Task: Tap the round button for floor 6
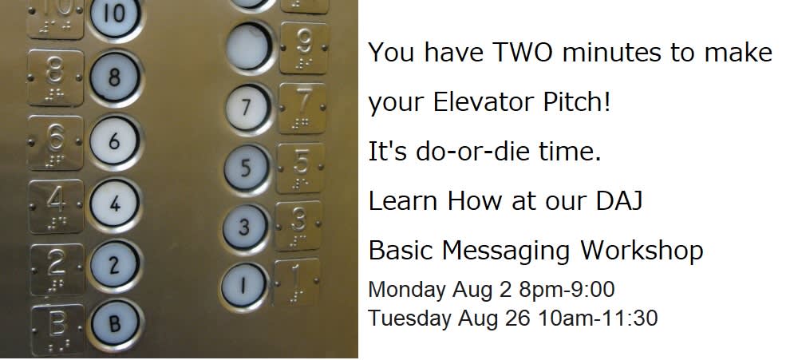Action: pos(114,141)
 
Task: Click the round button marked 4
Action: pos(114,204)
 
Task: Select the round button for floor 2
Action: pos(114,265)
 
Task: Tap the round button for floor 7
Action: pos(247,107)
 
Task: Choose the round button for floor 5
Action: pos(246,168)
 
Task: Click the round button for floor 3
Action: pos(244,227)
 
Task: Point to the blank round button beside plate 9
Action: pos(249,46)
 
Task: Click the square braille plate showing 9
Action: pos(303,48)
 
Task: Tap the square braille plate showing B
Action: pos(57,329)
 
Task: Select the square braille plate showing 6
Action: pos(55,142)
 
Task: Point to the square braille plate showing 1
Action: pos(297,283)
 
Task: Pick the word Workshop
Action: pos(642,250)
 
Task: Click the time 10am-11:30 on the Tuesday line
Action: pos(598,318)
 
